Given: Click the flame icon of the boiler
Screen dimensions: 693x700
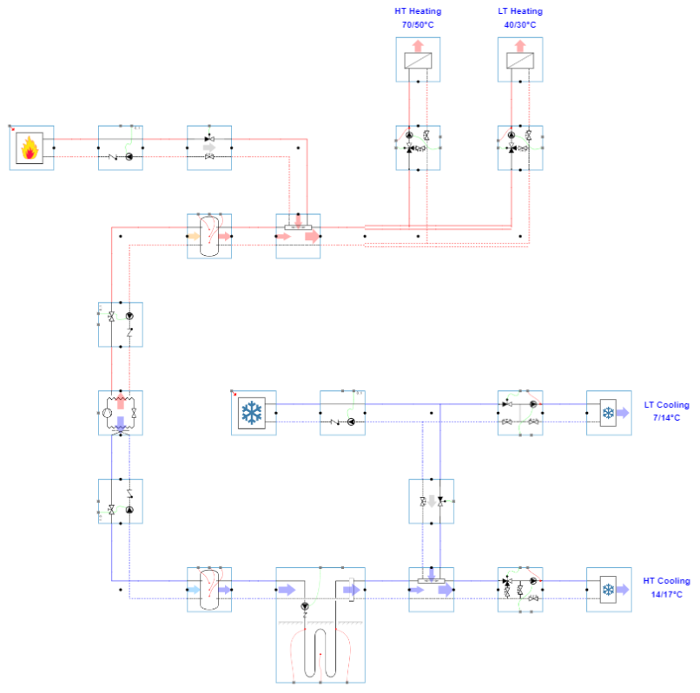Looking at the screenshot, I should [x=31, y=147].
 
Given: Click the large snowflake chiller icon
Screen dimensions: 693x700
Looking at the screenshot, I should [x=254, y=413].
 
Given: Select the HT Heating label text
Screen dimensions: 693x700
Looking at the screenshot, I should [x=418, y=11].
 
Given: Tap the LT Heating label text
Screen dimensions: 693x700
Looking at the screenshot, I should [x=519, y=11].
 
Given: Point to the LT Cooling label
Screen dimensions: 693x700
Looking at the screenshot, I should [x=666, y=405].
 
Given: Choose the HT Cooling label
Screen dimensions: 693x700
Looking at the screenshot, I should [x=666, y=581].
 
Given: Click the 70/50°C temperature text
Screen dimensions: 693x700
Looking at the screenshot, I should [x=418, y=25].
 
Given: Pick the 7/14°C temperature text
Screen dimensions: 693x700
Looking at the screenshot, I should [x=666, y=418].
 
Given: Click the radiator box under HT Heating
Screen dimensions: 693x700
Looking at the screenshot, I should [x=418, y=61].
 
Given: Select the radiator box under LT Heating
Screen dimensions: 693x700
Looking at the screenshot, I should [x=520, y=61].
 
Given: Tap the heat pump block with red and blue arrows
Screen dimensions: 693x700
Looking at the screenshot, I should [x=121, y=413].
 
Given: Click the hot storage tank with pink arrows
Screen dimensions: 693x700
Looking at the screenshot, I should [x=209, y=236].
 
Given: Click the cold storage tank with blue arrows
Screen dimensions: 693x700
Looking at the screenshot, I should [x=209, y=590].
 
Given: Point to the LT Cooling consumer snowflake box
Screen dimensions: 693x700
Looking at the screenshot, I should [x=609, y=413].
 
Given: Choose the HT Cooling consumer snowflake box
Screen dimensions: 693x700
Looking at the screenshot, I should [x=609, y=590].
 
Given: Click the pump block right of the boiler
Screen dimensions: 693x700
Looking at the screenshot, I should [x=121, y=147].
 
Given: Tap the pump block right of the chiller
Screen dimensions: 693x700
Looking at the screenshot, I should [x=342, y=413].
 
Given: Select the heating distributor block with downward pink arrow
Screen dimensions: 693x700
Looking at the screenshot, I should [x=298, y=236].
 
